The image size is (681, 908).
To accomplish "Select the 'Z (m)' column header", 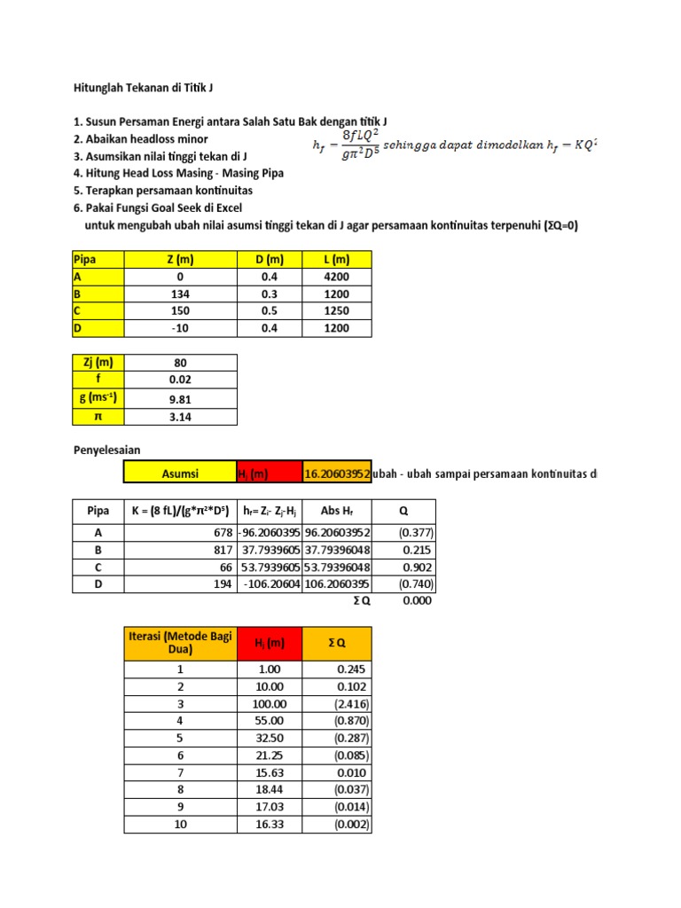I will tap(180, 259).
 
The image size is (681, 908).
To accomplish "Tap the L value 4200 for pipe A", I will tap(338, 277).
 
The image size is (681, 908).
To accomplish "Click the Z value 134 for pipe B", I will tap(180, 294).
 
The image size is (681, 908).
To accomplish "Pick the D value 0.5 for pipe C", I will tap(270, 311).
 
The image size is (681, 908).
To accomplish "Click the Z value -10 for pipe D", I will tap(180, 328).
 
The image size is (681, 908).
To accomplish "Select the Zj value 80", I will tap(181, 363).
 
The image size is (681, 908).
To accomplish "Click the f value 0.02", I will tap(181, 380).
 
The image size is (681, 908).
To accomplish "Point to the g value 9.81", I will tap(181, 399).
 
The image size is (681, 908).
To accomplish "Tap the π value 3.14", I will tap(181, 417).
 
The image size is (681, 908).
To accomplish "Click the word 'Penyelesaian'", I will tap(106, 450).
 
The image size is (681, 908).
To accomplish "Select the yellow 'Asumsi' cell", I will tap(180, 474).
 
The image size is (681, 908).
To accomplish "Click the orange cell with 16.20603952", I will tap(337, 474).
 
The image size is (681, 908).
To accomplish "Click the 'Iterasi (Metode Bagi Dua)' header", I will tap(180, 643).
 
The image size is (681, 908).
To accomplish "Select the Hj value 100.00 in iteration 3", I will tap(268, 703).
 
